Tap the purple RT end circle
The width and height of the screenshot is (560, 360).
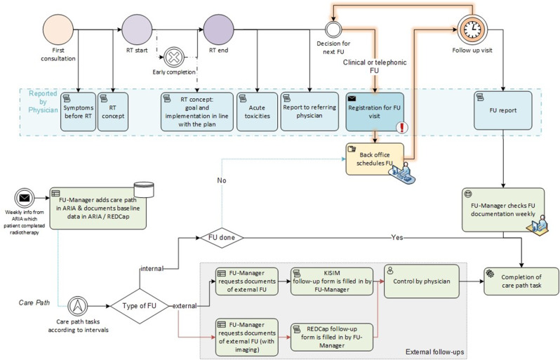click(x=218, y=30)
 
